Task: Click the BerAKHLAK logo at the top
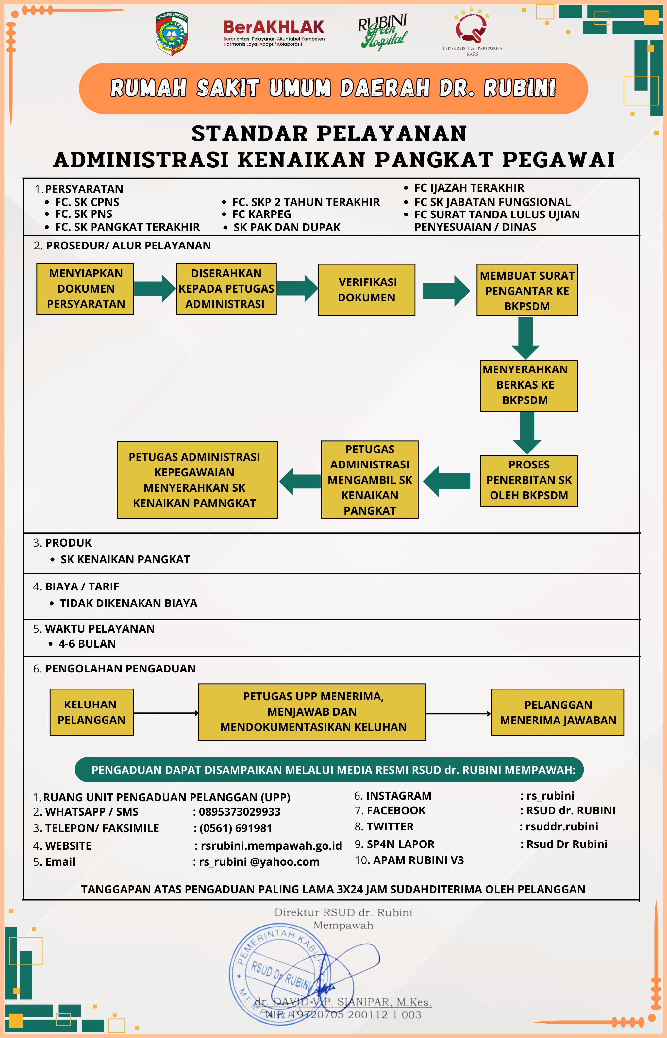click(274, 32)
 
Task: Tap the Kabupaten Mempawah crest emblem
click(172, 34)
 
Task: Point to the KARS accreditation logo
click(472, 30)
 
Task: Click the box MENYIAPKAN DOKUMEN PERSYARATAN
click(85, 289)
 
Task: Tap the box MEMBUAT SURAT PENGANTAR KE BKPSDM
click(527, 290)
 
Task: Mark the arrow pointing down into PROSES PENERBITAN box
click(527, 432)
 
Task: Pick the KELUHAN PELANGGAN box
click(92, 712)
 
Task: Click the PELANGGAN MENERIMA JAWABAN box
click(558, 712)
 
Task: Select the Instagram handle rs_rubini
click(550, 796)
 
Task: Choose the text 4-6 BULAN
click(87, 644)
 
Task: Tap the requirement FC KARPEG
click(261, 214)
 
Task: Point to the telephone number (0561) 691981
click(236, 828)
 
